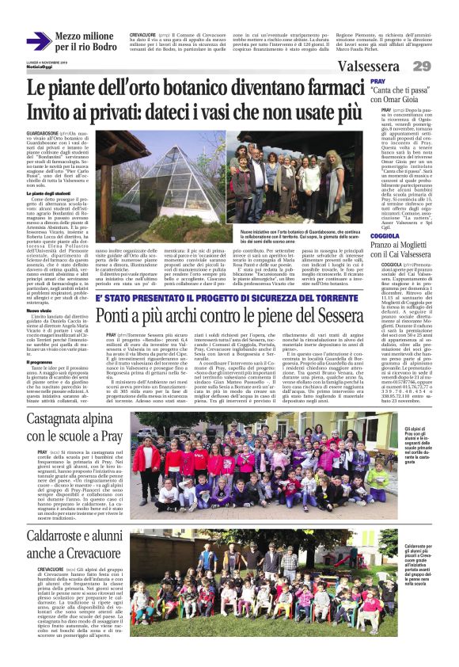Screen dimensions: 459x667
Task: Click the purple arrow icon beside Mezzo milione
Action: pyautogui.click(x=39, y=40)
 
